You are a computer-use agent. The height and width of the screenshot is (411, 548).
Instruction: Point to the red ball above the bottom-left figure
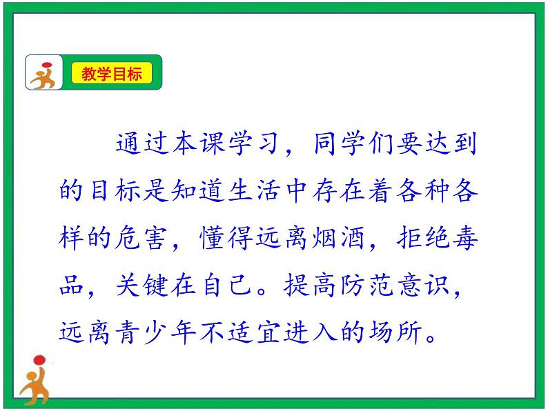[39, 359]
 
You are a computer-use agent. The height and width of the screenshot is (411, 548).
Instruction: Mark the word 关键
[139, 285]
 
